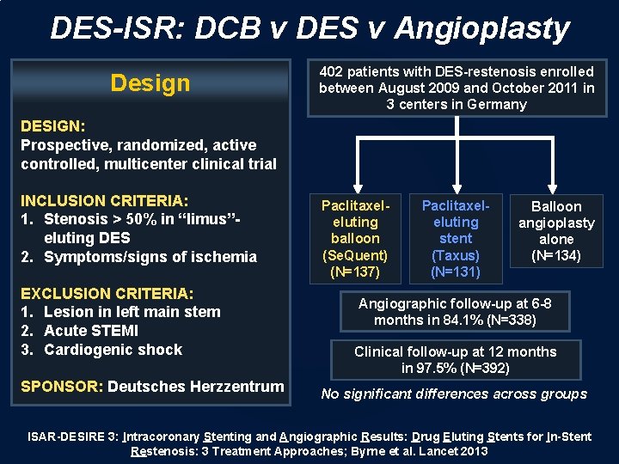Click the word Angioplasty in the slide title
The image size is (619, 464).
point(481,28)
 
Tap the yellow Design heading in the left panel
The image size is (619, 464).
point(150,83)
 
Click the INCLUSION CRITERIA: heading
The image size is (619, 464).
point(104,200)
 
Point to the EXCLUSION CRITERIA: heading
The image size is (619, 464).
point(107,293)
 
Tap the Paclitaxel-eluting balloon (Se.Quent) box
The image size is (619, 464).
point(355,239)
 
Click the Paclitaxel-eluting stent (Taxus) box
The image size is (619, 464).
point(456,239)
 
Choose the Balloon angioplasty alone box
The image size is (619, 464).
point(556,231)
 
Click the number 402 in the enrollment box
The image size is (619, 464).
point(332,72)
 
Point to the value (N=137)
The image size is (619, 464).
point(355,272)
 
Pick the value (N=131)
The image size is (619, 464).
point(456,272)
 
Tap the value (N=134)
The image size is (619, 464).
point(556,255)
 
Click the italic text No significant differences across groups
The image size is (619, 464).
point(453,394)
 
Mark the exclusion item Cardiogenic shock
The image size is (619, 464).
point(113,350)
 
